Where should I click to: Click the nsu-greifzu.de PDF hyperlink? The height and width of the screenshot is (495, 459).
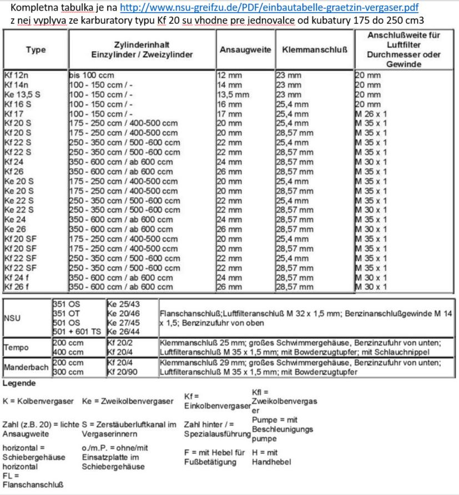click(269, 9)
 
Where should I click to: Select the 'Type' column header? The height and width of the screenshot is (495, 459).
click(36, 49)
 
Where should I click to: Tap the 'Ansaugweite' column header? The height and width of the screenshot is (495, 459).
click(245, 49)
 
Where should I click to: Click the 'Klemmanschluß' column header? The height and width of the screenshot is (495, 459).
click(315, 49)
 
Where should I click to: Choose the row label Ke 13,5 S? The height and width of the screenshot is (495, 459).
click(22, 94)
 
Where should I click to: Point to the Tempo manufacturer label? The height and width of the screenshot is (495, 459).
click(17, 347)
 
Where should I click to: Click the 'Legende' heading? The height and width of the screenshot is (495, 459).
click(18, 384)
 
